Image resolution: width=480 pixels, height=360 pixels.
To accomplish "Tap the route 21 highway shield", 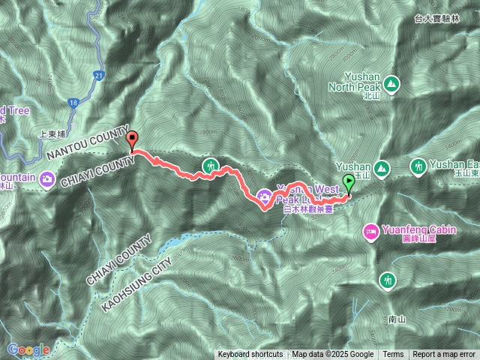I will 99,75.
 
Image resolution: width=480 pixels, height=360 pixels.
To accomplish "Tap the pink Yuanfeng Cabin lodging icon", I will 370,232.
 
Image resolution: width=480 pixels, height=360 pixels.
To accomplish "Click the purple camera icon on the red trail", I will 264,197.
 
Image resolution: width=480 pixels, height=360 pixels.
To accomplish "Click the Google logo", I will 28,349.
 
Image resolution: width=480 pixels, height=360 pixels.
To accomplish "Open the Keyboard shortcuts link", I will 250,355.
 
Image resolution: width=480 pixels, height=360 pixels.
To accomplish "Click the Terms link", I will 393,355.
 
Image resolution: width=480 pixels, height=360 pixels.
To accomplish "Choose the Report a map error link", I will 444,355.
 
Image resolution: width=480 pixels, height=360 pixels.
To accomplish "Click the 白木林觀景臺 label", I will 307,211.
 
